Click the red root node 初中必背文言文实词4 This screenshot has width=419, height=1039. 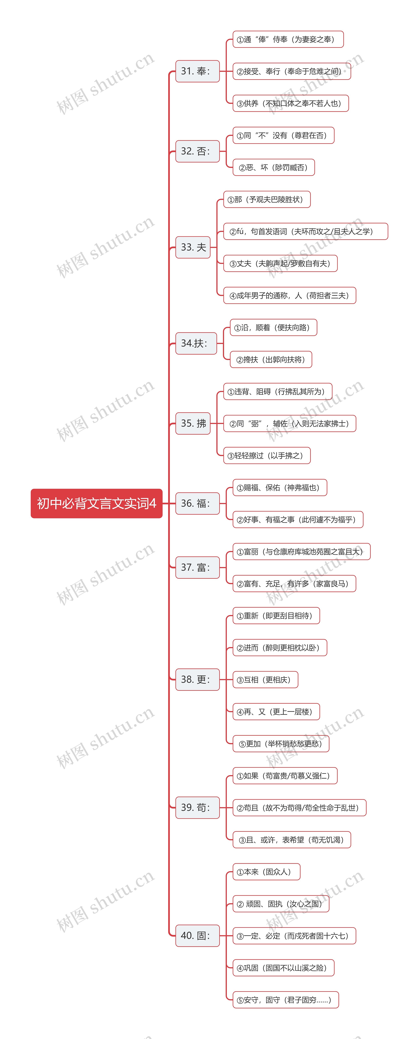[96, 503]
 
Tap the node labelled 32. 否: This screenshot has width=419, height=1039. [197, 151]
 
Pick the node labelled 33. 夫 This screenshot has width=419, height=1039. [193, 247]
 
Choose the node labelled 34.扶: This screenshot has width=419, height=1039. [196, 343]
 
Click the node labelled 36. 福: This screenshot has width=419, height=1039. [197, 503]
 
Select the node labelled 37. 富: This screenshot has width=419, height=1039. [197, 567]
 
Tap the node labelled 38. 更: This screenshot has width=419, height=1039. [197, 680]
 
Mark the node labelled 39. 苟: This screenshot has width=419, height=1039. [197, 808]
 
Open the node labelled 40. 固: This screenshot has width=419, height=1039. [197, 936]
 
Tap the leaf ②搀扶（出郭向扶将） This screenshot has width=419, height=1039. [271, 359]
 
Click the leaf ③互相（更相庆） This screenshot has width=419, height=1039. [265, 680]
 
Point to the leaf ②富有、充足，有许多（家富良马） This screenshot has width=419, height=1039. [294, 584]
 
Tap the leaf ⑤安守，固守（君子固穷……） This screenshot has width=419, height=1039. [285, 1000]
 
